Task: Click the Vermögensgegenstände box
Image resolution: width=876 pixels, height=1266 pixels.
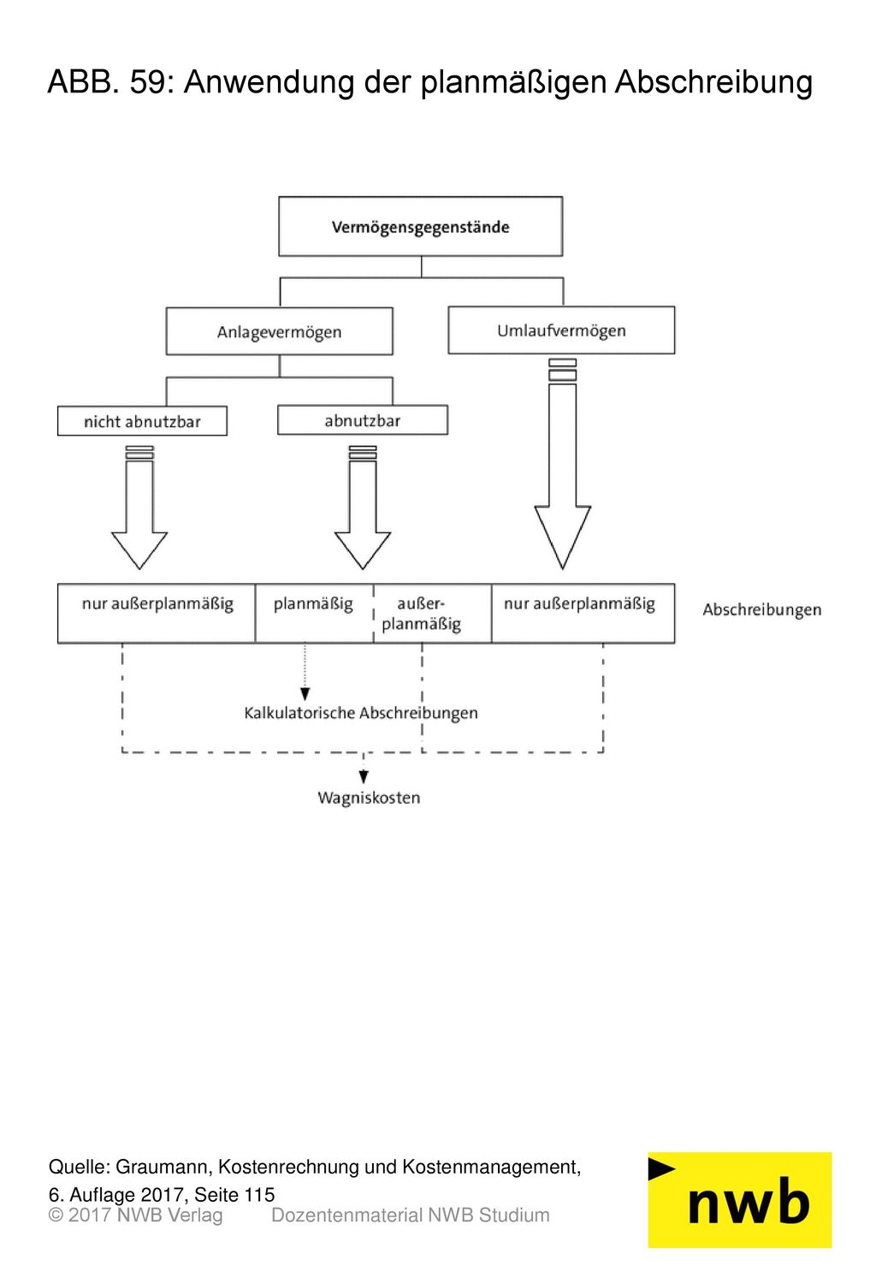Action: (x=420, y=226)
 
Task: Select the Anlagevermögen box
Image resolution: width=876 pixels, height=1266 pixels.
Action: (x=279, y=331)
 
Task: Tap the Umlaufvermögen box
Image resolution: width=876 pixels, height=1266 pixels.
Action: (x=561, y=330)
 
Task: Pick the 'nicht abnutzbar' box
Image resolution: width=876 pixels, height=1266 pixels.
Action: (x=142, y=420)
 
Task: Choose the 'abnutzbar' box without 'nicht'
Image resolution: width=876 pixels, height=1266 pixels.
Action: (x=362, y=419)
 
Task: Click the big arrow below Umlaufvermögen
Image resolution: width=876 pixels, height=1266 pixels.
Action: (x=562, y=463)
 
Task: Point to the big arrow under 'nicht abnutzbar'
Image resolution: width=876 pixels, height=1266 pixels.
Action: (x=139, y=507)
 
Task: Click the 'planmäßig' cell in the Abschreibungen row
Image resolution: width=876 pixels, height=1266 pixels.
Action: (x=314, y=613)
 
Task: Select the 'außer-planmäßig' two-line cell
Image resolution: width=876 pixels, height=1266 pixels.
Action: (x=432, y=613)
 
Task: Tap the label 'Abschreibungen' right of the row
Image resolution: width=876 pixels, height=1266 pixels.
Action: (x=761, y=609)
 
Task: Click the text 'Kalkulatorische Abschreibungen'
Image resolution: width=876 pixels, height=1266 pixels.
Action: (x=360, y=713)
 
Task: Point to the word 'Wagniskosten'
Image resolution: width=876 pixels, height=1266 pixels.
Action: (x=368, y=798)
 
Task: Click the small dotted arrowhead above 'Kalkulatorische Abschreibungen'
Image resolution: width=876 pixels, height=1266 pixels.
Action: (x=305, y=693)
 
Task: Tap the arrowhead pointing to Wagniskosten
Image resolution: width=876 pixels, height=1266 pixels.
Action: (x=364, y=777)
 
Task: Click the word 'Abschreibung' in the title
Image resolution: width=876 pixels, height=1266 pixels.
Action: (x=713, y=82)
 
